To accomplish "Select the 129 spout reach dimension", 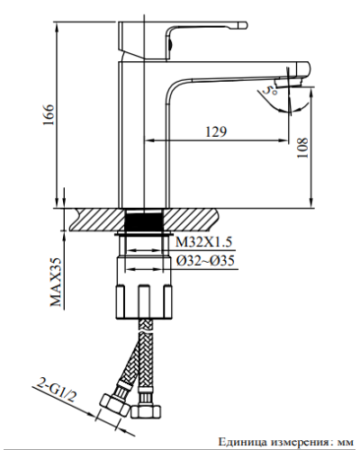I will click(x=215, y=132).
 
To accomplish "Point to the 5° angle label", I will click(x=267, y=93).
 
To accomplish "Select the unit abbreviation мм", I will click(x=343, y=442).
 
